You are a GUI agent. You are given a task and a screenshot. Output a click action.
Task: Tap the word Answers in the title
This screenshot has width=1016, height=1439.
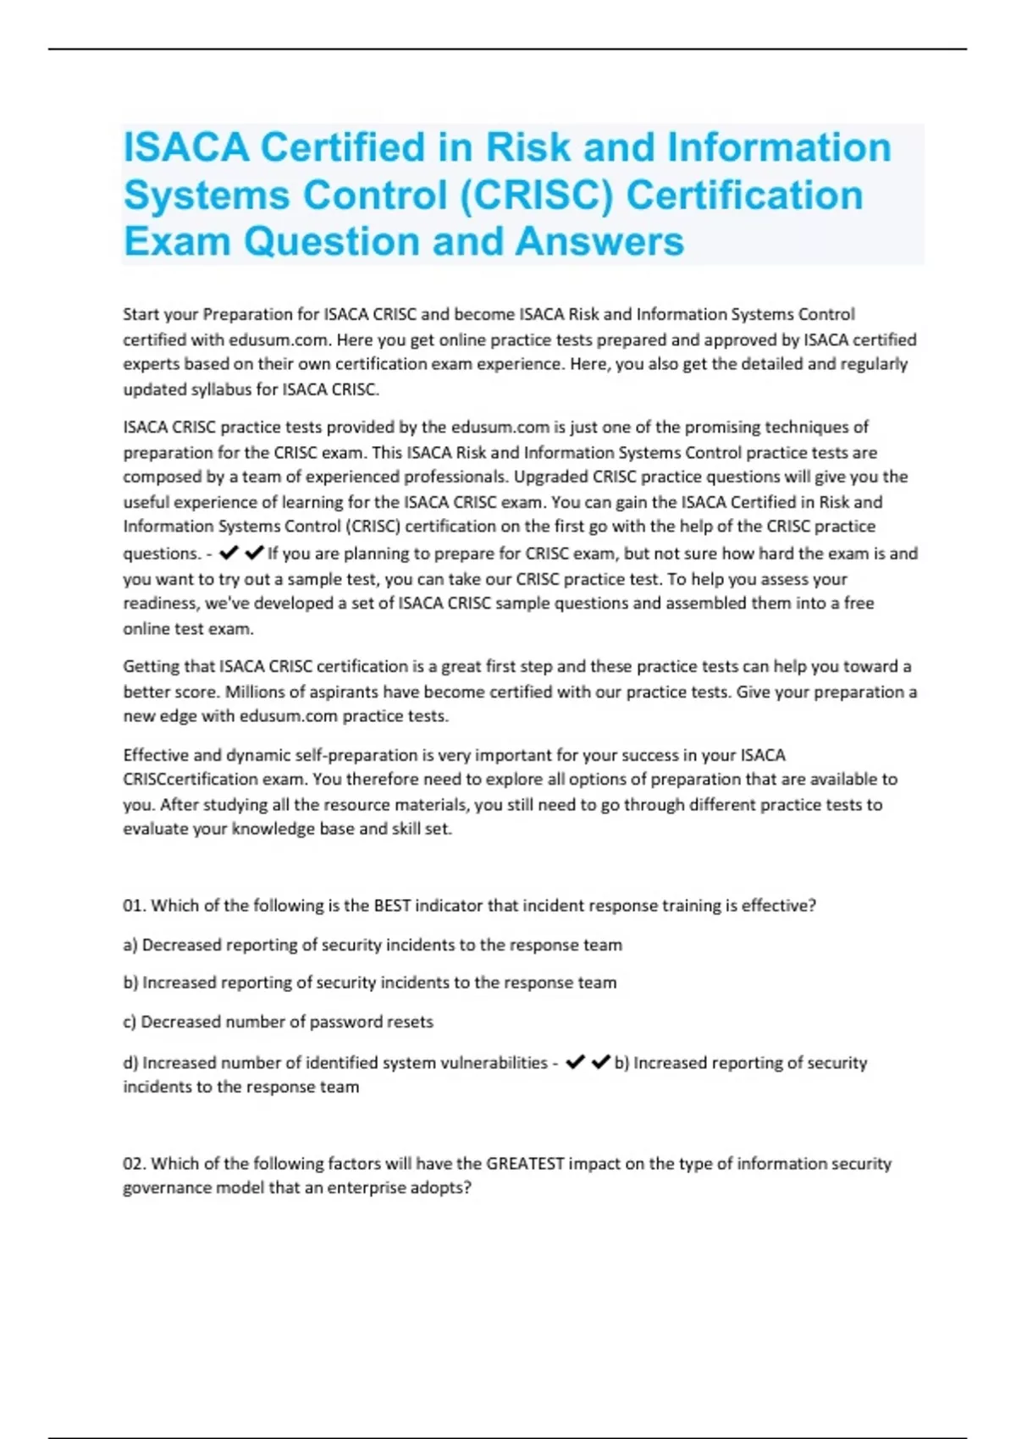[x=599, y=242]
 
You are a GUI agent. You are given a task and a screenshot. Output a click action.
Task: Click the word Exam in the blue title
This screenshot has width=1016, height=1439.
[x=177, y=242]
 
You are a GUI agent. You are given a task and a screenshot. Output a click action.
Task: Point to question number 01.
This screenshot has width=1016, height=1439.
[x=134, y=906]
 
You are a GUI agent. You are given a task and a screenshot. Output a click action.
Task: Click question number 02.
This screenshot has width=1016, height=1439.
[x=134, y=1164]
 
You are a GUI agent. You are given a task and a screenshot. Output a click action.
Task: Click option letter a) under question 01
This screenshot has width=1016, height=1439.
[x=130, y=945]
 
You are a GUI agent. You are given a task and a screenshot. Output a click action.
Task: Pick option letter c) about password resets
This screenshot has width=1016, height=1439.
[x=130, y=1022]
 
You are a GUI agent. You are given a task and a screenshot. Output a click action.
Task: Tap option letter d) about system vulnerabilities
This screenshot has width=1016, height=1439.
[x=130, y=1062]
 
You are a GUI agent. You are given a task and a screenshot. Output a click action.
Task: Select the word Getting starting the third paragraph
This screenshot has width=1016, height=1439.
[x=152, y=666]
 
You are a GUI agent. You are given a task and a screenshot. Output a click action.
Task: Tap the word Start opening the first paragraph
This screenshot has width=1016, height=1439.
[x=141, y=314]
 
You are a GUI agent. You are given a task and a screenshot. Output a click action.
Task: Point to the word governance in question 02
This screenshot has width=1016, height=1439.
[x=167, y=1188]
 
